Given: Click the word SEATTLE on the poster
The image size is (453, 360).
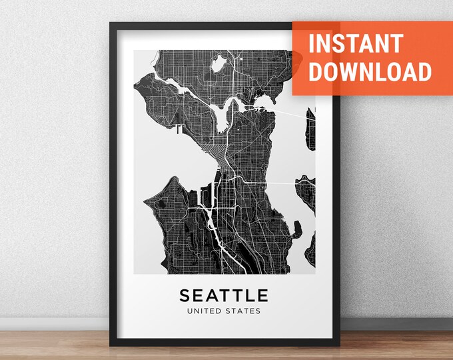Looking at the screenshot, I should click(x=224, y=295).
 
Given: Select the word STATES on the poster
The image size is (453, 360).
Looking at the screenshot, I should click(x=244, y=311).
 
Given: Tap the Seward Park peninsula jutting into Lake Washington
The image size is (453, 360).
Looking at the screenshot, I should click(x=294, y=230).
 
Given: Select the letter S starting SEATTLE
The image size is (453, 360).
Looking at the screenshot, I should click(x=184, y=295).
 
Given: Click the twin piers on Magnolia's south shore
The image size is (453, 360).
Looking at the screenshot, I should click(x=179, y=131).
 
